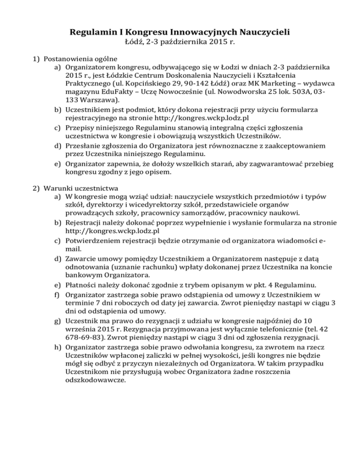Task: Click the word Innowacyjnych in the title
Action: coord(196,33)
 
